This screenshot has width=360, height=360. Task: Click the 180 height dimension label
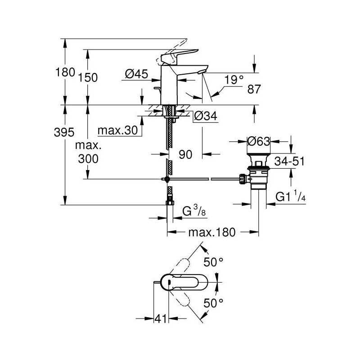point(65,72)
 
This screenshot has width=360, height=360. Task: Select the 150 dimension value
point(88,77)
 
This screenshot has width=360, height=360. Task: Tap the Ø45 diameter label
point(137,74)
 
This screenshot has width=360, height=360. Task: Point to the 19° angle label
point(234,80)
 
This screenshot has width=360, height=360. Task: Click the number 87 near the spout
point(254,89)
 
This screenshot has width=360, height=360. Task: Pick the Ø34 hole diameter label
point(206,116)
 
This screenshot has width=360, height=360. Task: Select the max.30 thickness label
point(117,130)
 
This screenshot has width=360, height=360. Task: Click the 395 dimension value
point(64,132)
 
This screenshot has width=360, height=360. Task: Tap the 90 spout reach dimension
point(185,154)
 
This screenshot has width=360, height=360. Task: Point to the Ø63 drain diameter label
point(259,141)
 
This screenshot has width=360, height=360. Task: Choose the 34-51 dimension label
point(289,161)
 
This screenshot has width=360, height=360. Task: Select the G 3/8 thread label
point(194,211)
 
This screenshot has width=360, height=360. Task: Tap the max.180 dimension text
point(212,232)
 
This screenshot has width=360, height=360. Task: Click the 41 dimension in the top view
point(161,319)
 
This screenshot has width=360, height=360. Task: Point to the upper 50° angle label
point(213,262)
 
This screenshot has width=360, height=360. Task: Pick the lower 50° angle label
point(213,303)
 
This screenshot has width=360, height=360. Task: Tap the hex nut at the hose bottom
point(170,203)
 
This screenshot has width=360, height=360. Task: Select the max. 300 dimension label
point(88,152)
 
